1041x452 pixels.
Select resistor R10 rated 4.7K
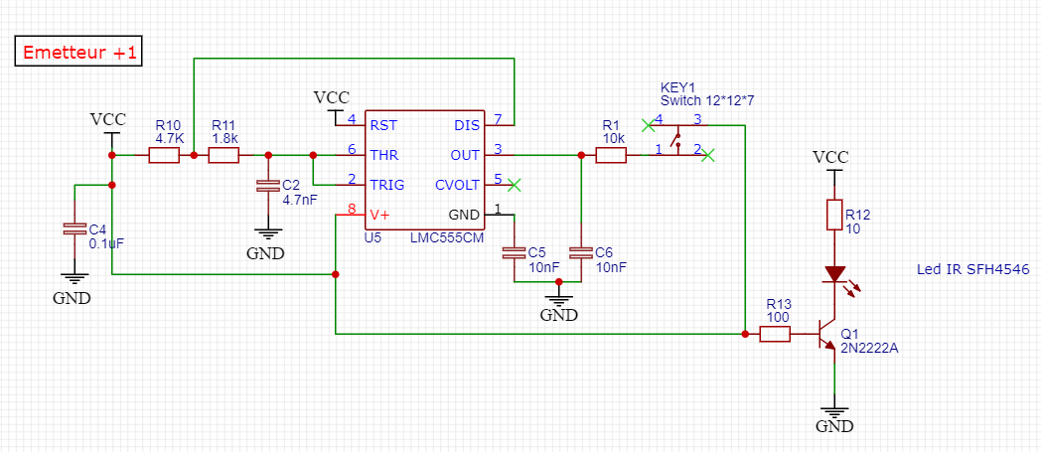(164, 155)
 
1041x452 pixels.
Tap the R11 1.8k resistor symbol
(223, 155)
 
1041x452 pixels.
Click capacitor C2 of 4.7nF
(265, 186)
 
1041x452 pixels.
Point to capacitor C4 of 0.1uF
(72, 228)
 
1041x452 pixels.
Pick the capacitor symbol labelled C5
(514, 252)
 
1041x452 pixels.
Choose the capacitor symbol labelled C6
(580, 252)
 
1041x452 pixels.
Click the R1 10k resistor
(610, 155)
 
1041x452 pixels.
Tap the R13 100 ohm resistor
(775, 335)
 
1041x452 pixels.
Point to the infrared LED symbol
(835, 274)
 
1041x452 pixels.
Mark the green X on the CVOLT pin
(514, 185)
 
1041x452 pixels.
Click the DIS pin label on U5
(467, 125)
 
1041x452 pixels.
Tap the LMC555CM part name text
(447, 238)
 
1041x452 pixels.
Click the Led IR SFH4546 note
(972, 269)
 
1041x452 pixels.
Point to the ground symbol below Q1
(835, 415)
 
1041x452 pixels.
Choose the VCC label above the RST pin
(332, 98)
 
